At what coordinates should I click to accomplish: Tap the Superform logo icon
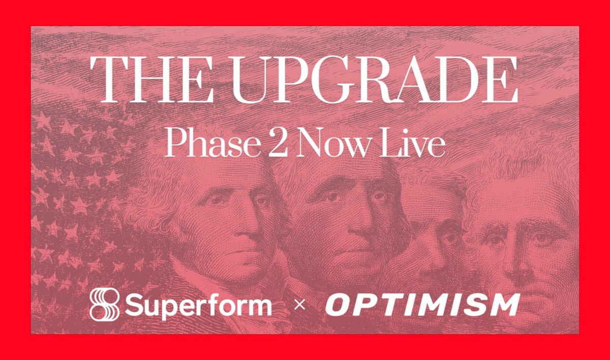104,305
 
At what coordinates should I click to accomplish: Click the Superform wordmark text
198,305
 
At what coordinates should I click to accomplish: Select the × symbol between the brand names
300,306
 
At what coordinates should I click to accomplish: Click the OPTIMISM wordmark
422,305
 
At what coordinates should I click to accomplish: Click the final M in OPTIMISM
504,305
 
